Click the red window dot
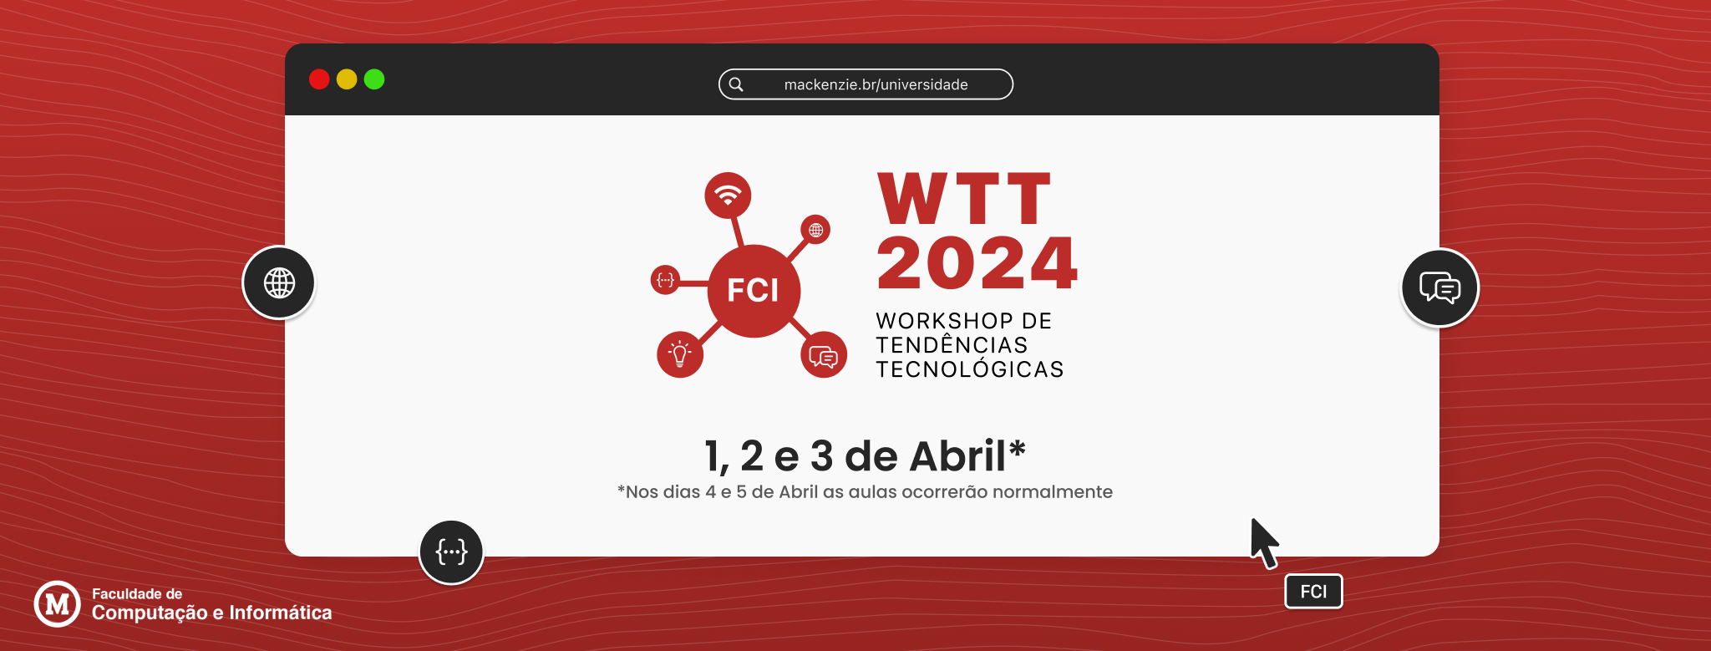(319, 79)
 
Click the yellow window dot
(347, 79)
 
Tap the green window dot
(374, 79)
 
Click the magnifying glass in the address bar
(736, 84)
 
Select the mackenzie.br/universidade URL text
(876, 84)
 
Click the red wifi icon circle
(728, 196)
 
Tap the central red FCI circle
(754, 291)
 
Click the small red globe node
(815, 230)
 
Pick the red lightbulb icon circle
(680, 354)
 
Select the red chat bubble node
(824, 355)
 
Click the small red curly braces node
(665, 280)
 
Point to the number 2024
(977, 263)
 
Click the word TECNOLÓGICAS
(970, 369)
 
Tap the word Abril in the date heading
(958, 456)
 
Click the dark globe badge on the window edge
(279, 282)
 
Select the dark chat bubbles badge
(1439, 287)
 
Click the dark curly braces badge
(451, 552)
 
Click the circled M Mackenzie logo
(57, 603)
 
